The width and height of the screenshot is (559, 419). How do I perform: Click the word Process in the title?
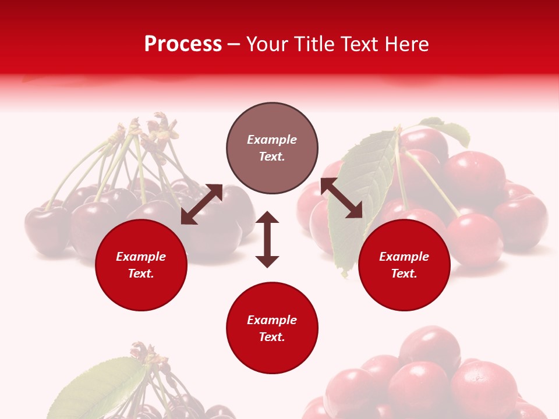183,44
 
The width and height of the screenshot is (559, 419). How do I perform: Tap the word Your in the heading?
267,44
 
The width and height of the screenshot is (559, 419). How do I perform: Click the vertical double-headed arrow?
267,239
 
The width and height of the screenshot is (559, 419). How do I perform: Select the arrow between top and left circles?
201,204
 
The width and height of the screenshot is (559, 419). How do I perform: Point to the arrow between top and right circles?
341,198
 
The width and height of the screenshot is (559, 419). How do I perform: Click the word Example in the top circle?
272,140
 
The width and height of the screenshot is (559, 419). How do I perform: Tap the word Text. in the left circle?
141,274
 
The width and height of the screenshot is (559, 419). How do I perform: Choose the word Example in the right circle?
404,257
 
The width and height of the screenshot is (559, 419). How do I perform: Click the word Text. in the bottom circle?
272,337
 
